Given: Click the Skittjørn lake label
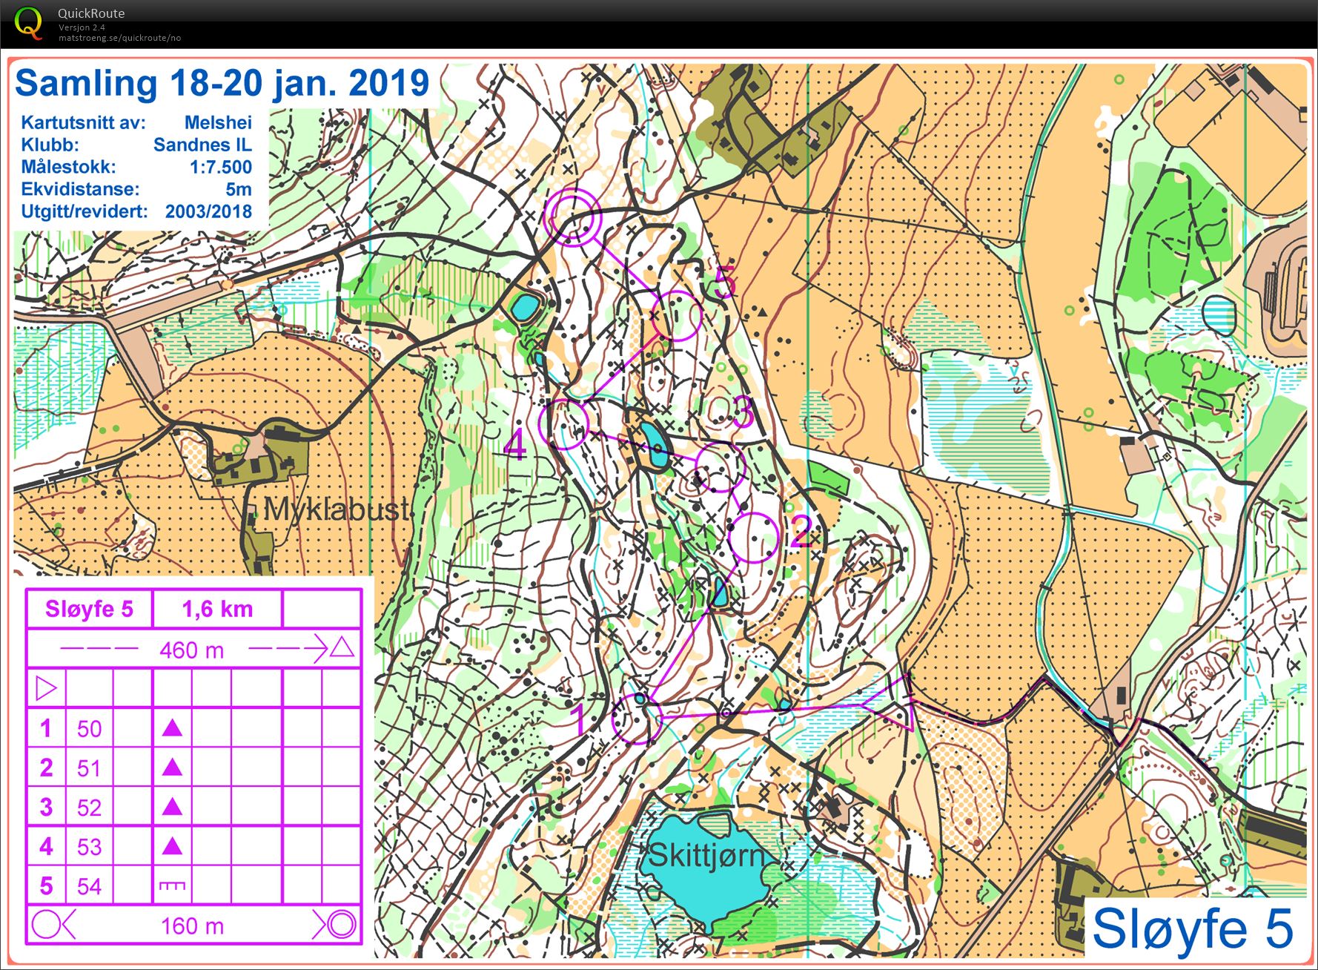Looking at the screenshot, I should (706, 855).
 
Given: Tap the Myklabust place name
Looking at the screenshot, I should (337, 509).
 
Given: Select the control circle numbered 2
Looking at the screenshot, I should (753, 536).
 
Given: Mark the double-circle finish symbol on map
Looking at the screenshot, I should (572, 216).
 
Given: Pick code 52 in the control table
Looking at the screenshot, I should (89, 808).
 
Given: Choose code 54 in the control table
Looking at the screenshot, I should (89, 886).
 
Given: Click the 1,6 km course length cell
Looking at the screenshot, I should (217, 609).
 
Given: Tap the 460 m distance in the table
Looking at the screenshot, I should (192, 650).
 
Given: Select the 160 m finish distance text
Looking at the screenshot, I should (192, 926).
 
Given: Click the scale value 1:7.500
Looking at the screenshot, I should (220, 167).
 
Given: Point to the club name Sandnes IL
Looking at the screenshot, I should (202, 145).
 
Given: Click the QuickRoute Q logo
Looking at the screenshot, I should (28, 22).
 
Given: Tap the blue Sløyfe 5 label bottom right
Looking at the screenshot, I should (1192, 928).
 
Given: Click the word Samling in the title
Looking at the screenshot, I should (86, 83).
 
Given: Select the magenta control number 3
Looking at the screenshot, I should (744, 412).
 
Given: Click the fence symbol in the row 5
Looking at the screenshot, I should (172, 886).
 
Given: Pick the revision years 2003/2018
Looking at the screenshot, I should (208, 211).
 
